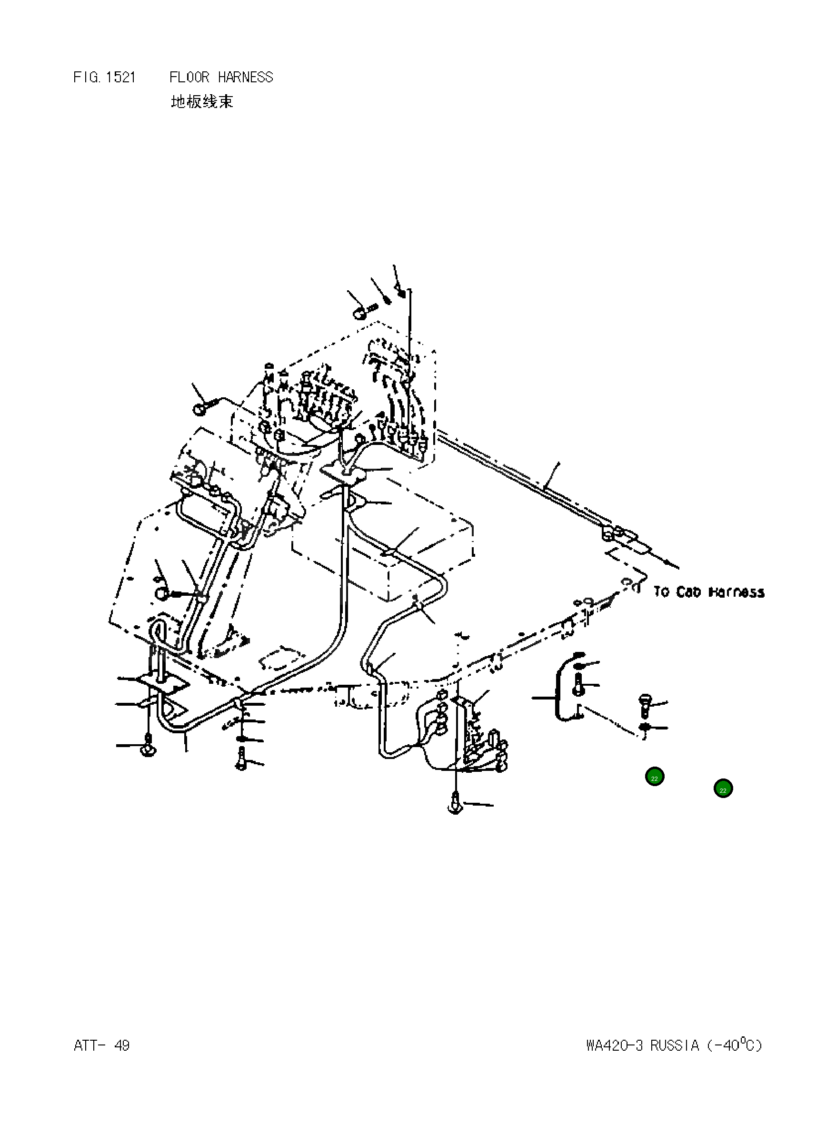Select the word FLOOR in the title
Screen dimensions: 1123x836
pos(189,78)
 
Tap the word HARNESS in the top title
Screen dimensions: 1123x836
pos(246,78)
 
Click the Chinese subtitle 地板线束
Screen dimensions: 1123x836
pos(202,102)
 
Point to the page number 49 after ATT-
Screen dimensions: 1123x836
pos(122,1045)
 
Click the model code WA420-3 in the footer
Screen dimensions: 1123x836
pos(614,1045)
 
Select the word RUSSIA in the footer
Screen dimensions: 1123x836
pos(674,1045)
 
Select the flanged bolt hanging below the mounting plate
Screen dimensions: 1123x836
pos(148,747)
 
